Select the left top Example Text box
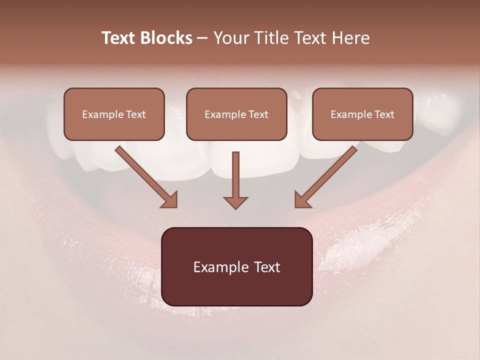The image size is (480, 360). click(x=114, y=114)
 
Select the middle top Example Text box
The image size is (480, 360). click(x=236, y=114)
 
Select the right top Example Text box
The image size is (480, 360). click(x=362, y=114)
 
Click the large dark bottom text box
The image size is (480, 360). click(x=236, y=266)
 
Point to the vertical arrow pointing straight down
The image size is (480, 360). click(x=235, y=175)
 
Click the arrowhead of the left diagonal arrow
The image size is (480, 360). click(x=170, y=200)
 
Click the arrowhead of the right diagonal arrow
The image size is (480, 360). click(x=302, y=200)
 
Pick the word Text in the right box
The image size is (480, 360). click(x=384, y=114)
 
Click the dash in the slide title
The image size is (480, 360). click(x=202, y=38)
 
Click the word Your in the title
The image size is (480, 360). click(x=230, y=38)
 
